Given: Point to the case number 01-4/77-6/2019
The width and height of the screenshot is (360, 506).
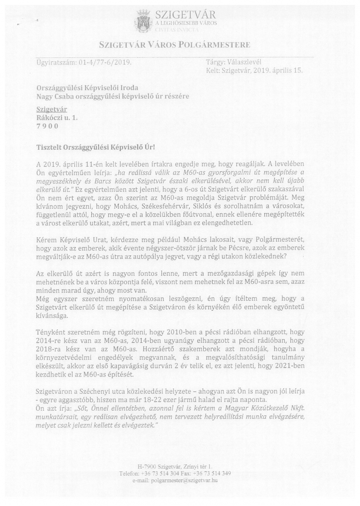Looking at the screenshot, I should click(104, 63).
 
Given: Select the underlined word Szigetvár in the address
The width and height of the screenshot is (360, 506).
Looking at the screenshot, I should click(49, 110).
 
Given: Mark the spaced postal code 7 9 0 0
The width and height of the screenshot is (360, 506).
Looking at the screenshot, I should click(46, 126).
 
